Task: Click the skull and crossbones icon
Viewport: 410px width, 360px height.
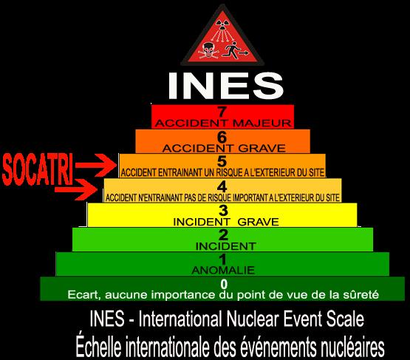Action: tap(208, 50)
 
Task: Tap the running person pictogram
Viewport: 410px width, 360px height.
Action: tap(233, 51)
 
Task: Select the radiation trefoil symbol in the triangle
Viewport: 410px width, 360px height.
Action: tap(222, 25)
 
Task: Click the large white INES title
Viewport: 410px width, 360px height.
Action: tap(225, 86)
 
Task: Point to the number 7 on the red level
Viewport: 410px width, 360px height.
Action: tap(222, 112)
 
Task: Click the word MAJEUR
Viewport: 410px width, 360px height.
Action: tap(262, 123)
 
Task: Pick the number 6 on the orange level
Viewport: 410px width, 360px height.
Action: tap(222, 137)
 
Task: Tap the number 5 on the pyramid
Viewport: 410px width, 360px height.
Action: tap(222, 161)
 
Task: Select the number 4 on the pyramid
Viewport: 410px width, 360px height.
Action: tap(222, 186)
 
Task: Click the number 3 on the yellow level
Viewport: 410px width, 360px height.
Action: tap(223, 211)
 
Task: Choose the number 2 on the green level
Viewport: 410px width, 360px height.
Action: tap(223, 235)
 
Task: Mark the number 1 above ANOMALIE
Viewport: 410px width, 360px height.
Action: tap(223, 259)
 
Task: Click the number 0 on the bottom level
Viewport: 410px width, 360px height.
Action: tap(224, 284)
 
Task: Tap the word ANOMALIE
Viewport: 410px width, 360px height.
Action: tap(223, 271)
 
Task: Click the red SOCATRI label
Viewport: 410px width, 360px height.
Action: tap(38, 169)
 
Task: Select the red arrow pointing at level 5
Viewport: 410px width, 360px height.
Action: tap(96, 166)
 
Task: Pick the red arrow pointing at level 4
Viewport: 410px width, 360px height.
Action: tap(76, 190)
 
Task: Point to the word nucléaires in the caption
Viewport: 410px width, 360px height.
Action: tap(352, 347)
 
